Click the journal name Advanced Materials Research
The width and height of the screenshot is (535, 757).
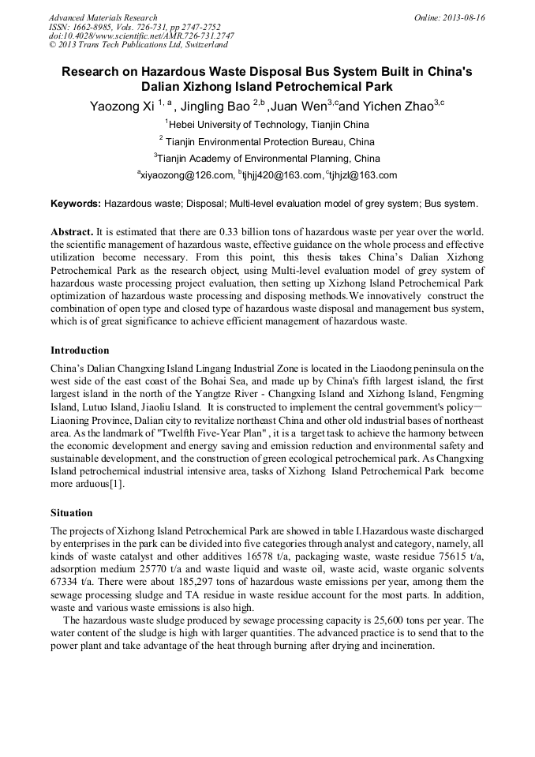[x=103, y=17]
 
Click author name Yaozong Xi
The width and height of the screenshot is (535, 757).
[x=122, y=107]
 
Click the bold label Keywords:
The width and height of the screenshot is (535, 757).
[x=76, y=204]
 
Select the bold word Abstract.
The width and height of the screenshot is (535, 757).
[x=73, y=233]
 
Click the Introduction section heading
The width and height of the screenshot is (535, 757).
[x=80, y=350]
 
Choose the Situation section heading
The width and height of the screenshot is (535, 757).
[x=71, y=512]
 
